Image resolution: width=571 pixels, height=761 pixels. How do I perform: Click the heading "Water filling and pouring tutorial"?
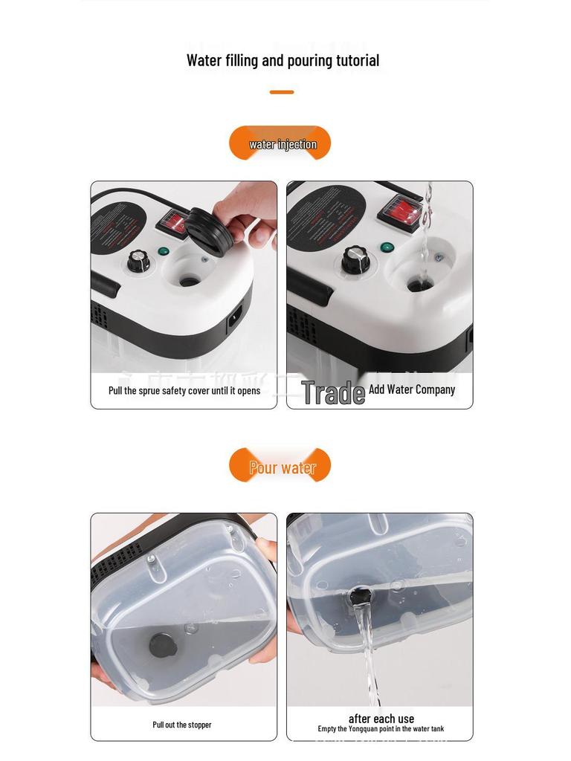(283, 61)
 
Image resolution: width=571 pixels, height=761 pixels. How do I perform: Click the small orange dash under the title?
(281, 92)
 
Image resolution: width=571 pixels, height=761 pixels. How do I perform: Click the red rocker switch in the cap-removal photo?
(172, 222)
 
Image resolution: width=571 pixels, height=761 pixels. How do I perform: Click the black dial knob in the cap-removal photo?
(138, 260)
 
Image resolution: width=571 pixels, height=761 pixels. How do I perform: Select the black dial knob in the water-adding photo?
(355, 260)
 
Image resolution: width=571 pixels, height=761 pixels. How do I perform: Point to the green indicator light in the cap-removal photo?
(163, 250)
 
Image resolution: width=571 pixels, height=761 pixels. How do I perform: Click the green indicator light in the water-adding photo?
(386, 247)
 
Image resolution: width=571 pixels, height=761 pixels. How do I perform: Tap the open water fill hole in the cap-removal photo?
(190, 280)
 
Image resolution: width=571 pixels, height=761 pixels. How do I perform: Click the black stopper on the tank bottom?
(163, 645)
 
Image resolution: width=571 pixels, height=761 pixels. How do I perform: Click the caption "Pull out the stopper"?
(182, 725)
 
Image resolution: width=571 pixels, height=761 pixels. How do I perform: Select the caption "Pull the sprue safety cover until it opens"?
(184, 391)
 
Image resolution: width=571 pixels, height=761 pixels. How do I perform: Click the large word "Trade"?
(332, 393)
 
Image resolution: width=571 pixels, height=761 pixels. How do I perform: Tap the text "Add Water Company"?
(412, 389)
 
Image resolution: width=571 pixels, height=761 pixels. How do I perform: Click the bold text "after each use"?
(381, 719)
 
